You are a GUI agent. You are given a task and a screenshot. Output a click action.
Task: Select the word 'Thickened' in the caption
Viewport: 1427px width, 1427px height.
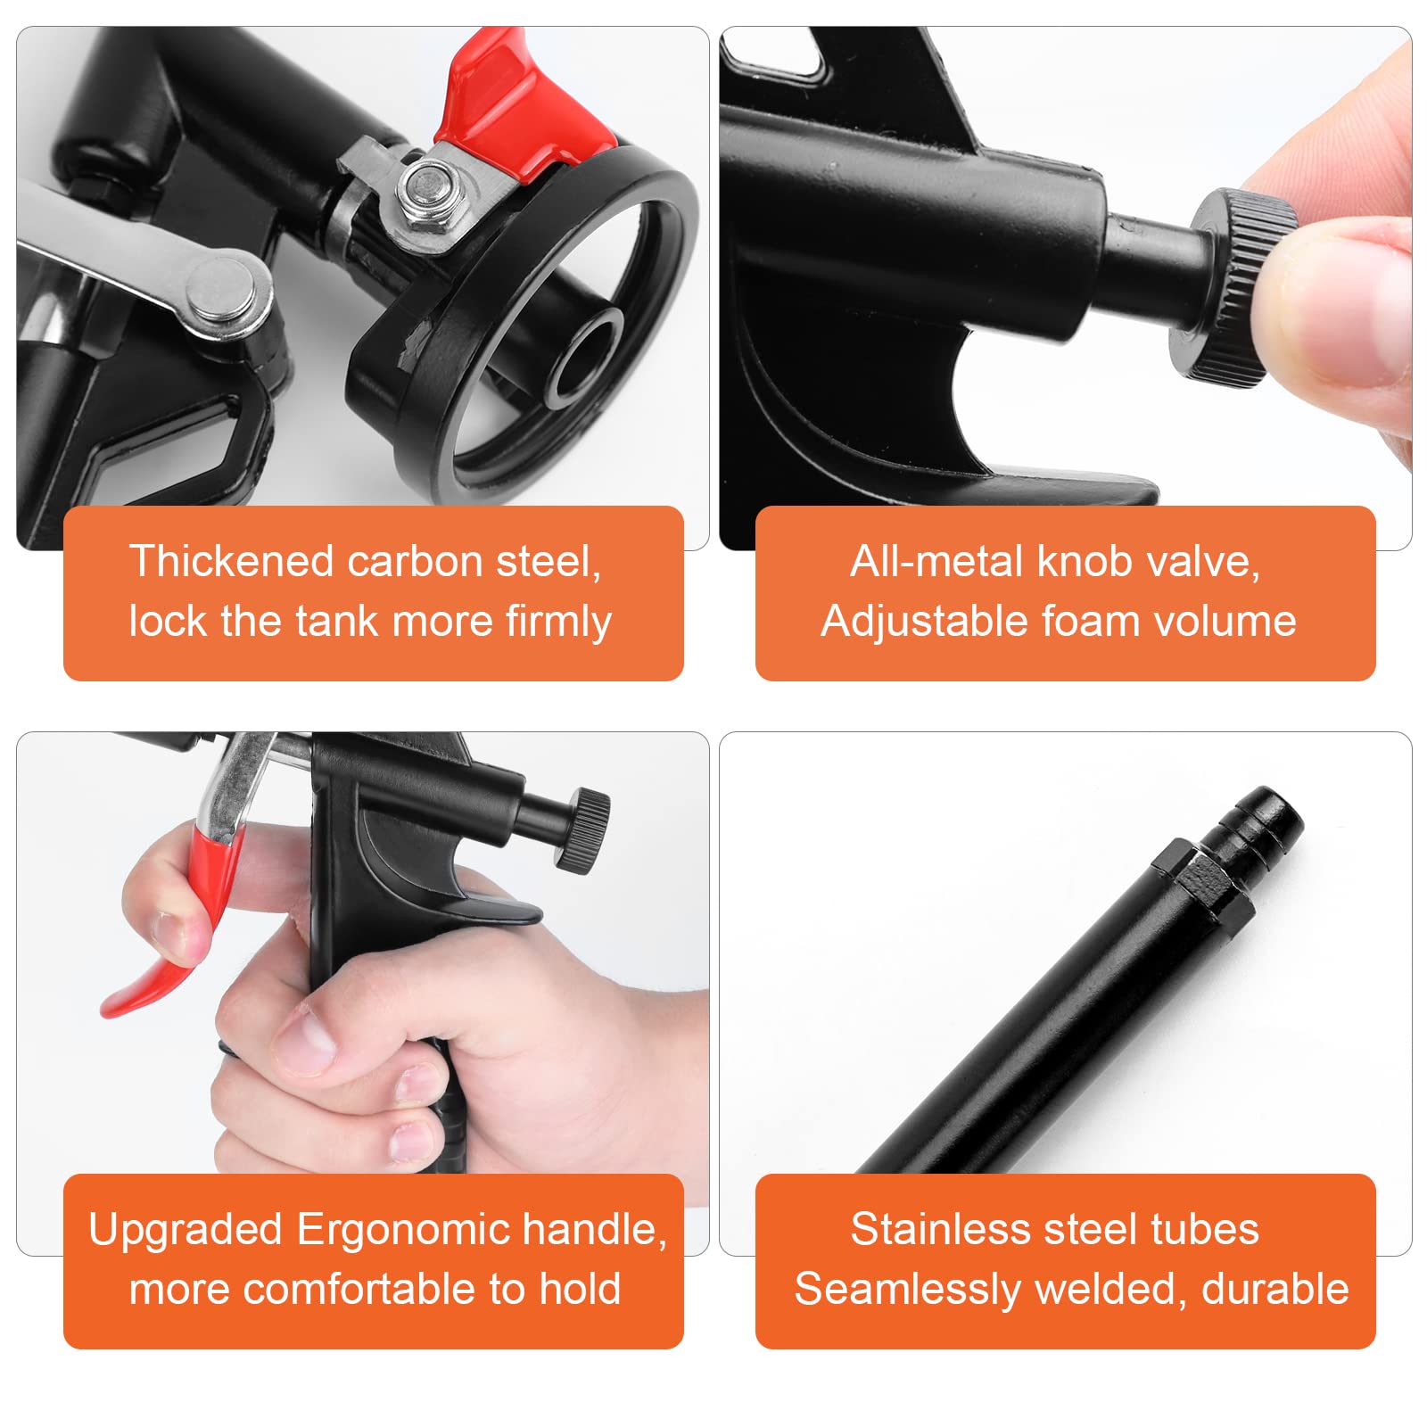point(231,562)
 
